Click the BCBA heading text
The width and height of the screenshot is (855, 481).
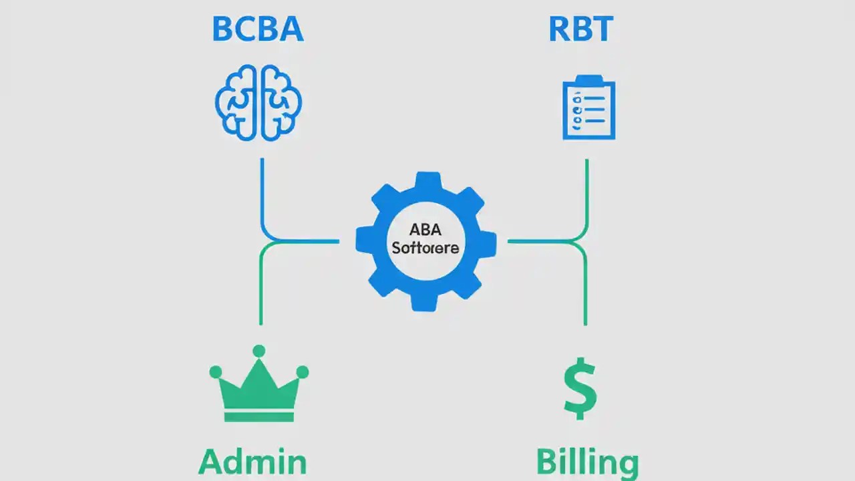click(258, 30)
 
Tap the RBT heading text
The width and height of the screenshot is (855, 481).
click(580, 30)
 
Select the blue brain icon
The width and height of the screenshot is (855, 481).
click(259, 102)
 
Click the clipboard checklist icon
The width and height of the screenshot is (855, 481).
click(588, 108)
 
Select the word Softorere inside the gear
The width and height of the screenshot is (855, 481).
click(425, 248)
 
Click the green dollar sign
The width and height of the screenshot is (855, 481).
click(580, 388)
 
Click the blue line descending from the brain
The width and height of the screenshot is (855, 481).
click(262, 194)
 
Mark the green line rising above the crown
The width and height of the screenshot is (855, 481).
click(261, 287)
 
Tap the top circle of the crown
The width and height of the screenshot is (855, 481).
click(259, 351)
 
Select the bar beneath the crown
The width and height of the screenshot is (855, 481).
click(259, 417)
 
